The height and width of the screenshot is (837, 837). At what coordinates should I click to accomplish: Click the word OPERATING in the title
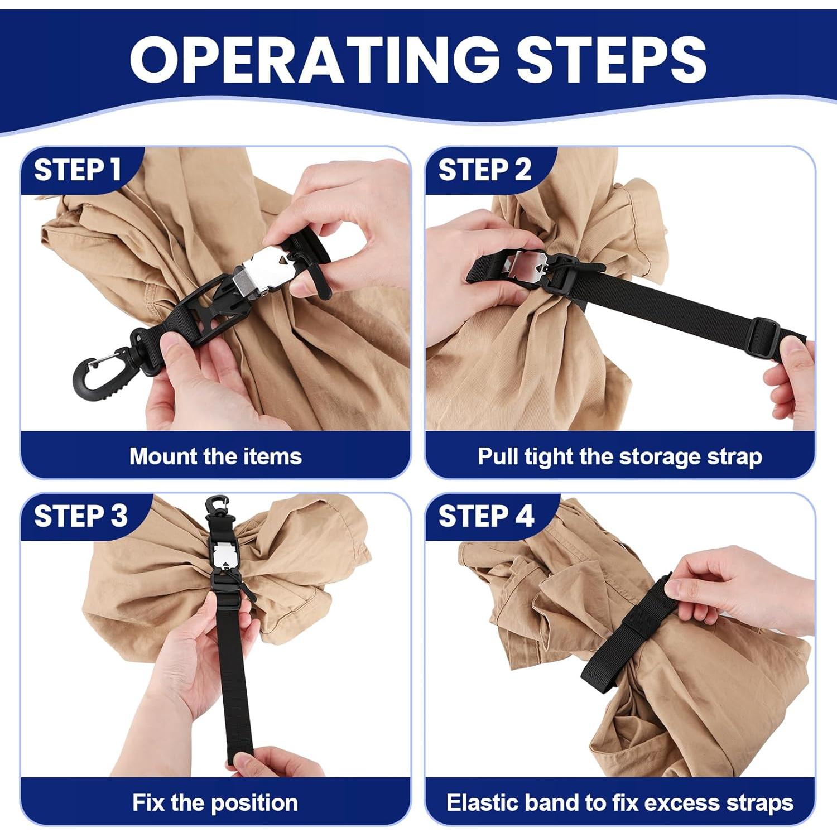click(314, 59)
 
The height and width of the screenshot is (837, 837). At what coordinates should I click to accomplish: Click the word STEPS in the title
click(612, 59)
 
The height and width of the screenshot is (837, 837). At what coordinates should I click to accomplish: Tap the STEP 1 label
click(78, 170)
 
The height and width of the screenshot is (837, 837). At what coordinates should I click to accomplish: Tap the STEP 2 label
click(484, 170)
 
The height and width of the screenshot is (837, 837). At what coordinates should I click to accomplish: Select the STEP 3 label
click(81, 516)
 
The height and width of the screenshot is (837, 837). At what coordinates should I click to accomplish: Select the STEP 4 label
click(486, 516)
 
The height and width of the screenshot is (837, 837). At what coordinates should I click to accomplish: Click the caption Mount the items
click(215, 456)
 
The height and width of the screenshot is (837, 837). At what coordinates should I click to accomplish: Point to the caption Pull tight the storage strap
click(619, 456)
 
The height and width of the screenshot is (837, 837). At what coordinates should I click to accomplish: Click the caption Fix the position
click(215, 802)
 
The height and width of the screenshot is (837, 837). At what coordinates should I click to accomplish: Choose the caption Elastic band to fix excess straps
click(619, 802)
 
